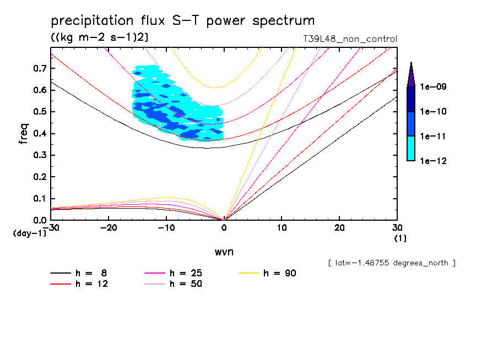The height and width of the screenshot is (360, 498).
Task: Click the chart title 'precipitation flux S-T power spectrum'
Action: (183, 21)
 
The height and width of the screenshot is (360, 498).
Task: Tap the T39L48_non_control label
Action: (347, 39)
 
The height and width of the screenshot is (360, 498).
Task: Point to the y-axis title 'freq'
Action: (23, 134)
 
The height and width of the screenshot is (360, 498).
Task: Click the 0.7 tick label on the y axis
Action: (39, 68)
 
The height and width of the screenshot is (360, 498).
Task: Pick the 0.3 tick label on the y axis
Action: (39, 155)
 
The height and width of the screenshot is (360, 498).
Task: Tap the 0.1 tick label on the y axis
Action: (39, 199)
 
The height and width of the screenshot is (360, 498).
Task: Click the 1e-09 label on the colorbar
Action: (434, 87)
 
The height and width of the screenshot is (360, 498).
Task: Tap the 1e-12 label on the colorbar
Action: (434, 161)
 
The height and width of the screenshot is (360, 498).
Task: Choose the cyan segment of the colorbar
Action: (411, 149)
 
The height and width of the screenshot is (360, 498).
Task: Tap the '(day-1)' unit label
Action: (30, 233)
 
